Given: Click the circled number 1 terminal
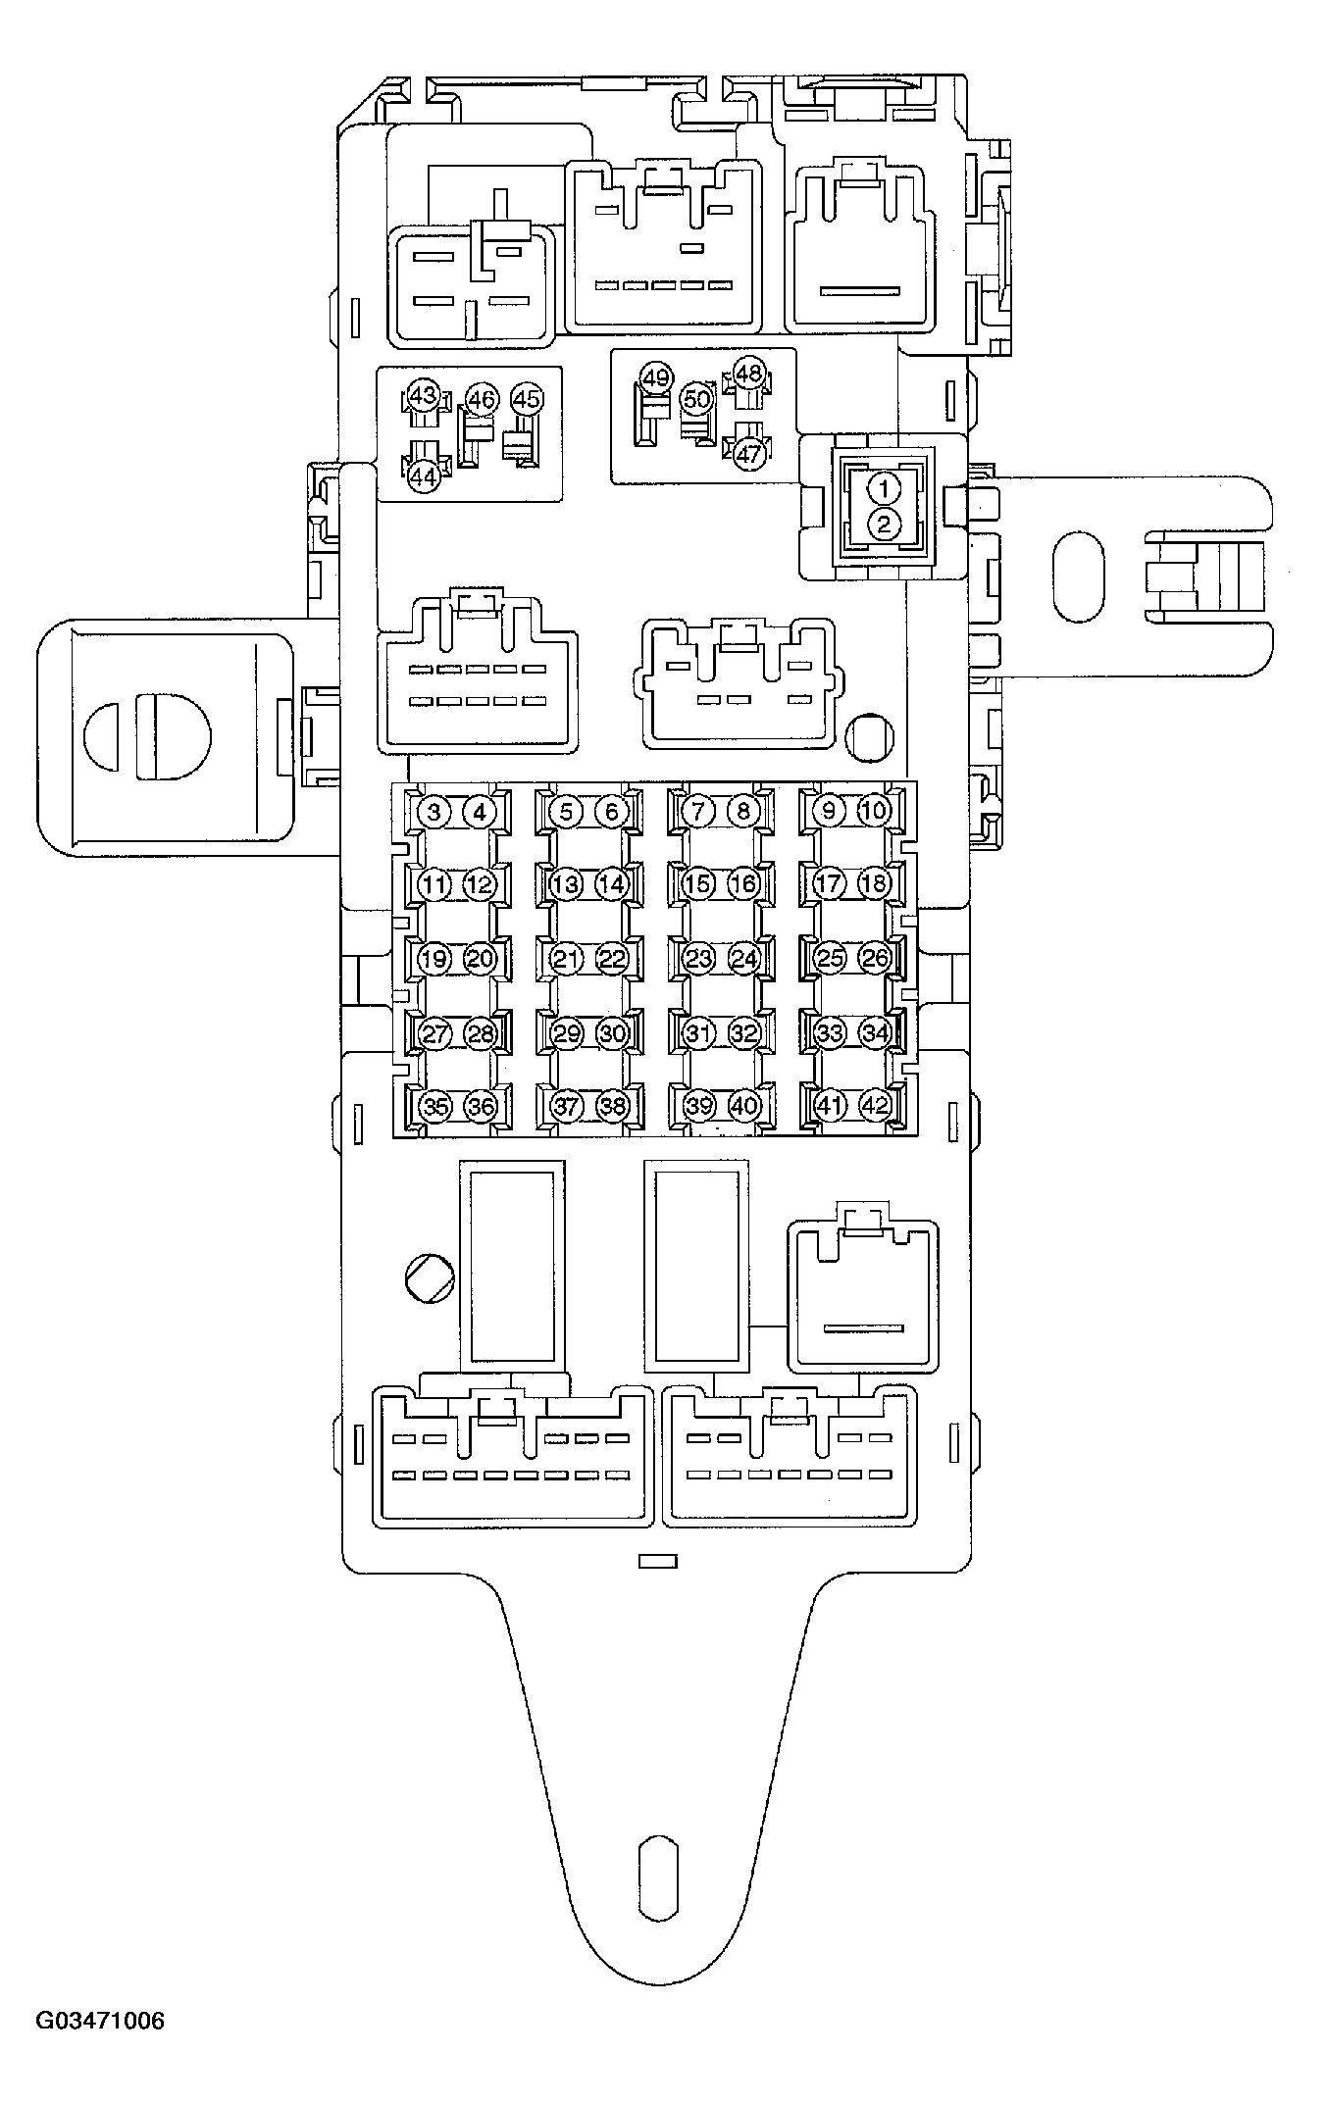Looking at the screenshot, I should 885,487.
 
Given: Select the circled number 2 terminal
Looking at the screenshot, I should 885,524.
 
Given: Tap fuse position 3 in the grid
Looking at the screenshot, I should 433,811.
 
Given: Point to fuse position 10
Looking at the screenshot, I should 873,811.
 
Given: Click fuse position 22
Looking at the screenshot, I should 612,959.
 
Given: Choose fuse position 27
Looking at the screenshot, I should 433,1033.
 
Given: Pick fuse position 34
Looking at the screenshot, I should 874,1033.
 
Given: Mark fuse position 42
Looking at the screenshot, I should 874,1106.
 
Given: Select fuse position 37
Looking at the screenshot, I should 566,1106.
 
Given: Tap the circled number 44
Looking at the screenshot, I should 423,477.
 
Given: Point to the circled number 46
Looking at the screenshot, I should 481,400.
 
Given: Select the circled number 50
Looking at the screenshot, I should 696,400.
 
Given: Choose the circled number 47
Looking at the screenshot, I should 748,454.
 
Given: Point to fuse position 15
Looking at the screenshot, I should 697,884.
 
